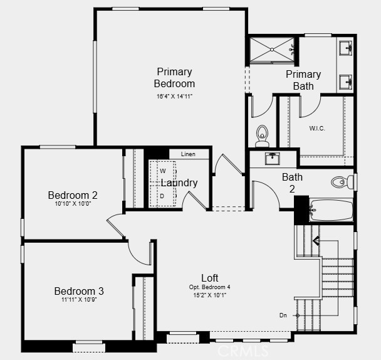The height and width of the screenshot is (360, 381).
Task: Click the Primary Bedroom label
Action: (x=174, y=78)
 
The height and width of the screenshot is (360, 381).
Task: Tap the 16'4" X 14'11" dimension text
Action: (x=174, y=97)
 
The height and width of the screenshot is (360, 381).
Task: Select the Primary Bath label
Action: (x=303, y=80)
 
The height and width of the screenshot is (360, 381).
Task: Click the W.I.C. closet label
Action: (x=317, y=128)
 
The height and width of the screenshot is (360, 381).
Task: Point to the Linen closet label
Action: (x=188, y=154)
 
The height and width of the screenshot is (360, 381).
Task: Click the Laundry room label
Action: (x=180, y=183)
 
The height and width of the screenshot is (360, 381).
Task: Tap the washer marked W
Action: (x=162, y=171)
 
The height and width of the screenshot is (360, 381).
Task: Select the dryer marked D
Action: (x=162, y=196)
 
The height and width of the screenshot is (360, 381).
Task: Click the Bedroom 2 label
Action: (x=73, y=195)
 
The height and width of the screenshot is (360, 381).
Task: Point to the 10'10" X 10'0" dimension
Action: (x=73, y=204)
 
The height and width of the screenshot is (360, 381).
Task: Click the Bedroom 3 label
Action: (x=79, y=291)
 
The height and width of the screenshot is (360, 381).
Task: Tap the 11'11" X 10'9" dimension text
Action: (x=79, y=300)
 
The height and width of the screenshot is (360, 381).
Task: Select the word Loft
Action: (x=210, y=278)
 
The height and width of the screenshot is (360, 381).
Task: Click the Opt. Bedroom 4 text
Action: (x=210, y=287)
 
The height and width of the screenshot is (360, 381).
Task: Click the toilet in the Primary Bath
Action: (x=262, y=134)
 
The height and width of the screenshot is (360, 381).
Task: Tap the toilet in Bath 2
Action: (x=342, y=181)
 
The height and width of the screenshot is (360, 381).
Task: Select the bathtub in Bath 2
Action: (x=331, y=209)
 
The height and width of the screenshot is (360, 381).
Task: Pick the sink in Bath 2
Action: (x=273, y=158)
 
